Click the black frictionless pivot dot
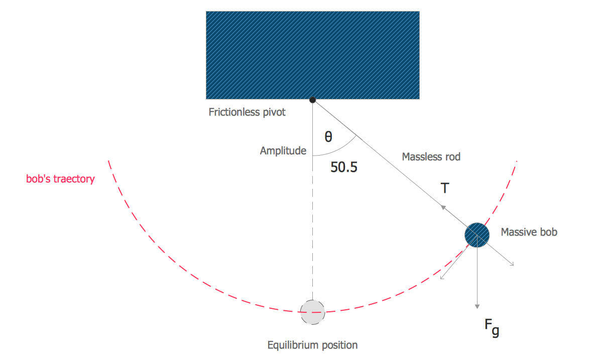pos(312,100)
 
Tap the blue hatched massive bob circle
pos(477,235)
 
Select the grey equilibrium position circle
pos(312,312)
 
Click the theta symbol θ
pos(328,137)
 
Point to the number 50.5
pos(343,167)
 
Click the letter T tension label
pos(445,188)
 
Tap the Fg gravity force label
pos(492,327)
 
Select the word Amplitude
pos(283,151)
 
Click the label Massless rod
pos(431,157)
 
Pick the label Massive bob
pos(529,232)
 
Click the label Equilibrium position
pos(312,345)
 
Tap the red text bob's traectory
pos(60,179)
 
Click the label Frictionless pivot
pos(247,112)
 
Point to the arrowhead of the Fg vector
pos(478,306)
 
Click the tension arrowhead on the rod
pos(443,207)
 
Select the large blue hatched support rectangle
pos(312,55)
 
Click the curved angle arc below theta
pos(343,150)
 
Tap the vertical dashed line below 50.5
pos(312,227)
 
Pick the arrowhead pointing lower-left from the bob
pos(442,278)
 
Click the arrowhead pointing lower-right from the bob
pos(512,264)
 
